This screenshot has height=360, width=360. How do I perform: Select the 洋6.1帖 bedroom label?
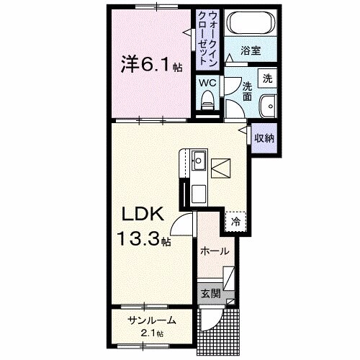click(150, 66)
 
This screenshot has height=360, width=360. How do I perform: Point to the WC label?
click(207, 83)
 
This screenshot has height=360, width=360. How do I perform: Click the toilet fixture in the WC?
click(208, 103)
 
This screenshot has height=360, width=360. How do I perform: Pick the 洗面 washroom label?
click(246, 91)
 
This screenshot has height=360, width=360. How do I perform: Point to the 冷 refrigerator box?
click(235, 222)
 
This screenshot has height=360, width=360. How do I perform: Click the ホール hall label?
click(215, 251)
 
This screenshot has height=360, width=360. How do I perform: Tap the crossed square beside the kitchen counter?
click(222, 168)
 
